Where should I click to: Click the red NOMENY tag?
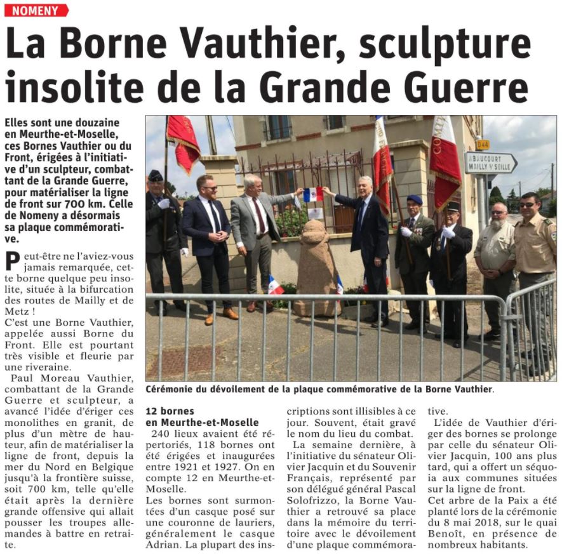(36, 10)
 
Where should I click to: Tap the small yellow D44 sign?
(483, 144)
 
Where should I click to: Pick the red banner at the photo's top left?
(184, 143)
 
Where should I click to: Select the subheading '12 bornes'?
(170, 411)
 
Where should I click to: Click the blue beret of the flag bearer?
(415, 199)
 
